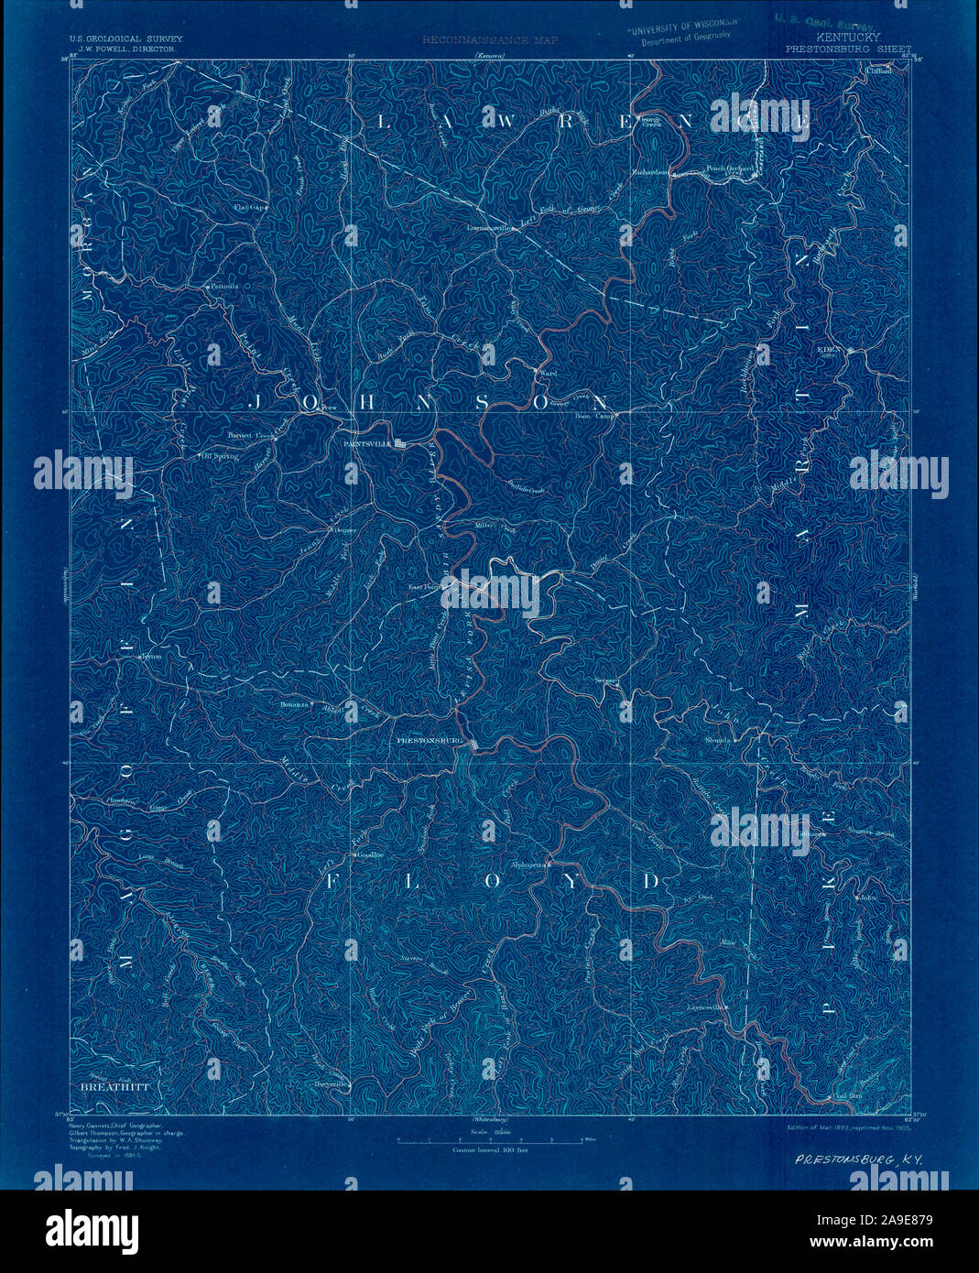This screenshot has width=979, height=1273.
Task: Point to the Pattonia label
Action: coord(223,286)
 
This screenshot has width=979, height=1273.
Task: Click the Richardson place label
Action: coord(651,171)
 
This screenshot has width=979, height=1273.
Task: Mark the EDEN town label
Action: coord(830,349)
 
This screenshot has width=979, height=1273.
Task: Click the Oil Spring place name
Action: coord(221,455)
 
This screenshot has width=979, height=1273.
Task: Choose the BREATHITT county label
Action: coord(114,1086)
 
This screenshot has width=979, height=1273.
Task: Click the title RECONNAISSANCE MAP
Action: coord(489,40)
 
